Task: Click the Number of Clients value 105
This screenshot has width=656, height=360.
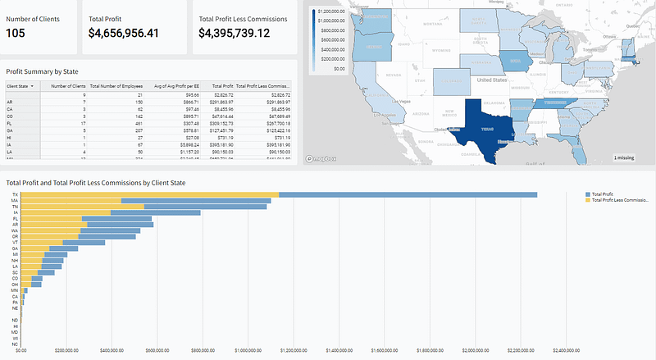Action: [20, 33]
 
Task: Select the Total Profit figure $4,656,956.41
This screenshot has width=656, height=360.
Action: [135, 33]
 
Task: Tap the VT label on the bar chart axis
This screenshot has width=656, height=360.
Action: [15, 243]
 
